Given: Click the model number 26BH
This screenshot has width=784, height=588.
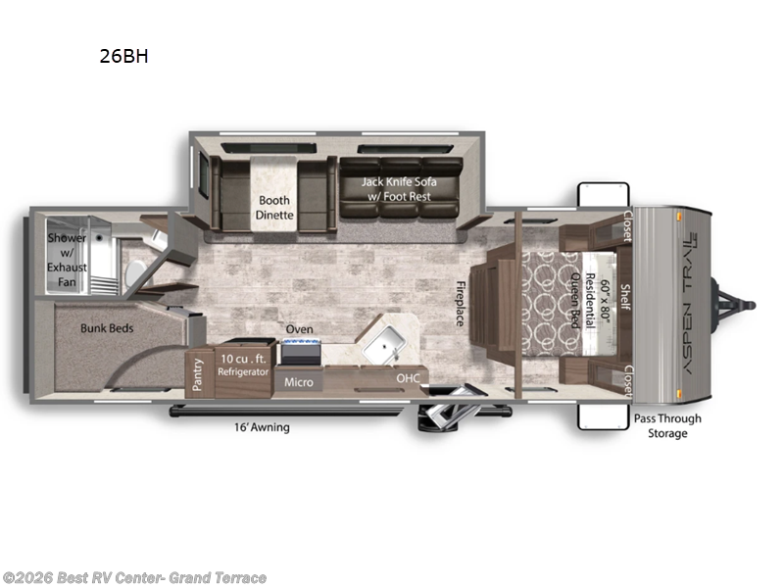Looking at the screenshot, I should [x=122, y=56].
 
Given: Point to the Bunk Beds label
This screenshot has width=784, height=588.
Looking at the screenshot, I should [x=106, y=329].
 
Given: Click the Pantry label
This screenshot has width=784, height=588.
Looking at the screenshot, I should [x=199, y=374].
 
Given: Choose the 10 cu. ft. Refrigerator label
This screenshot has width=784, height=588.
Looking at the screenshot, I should [x=242, y=365].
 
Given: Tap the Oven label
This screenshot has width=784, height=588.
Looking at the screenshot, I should [x=299, y=329].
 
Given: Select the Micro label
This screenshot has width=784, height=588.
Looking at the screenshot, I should [x=299, y=381].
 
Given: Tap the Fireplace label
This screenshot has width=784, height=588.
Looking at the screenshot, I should [x=460, y=304].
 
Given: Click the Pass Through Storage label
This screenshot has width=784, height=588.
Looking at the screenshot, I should [x=666, y=425].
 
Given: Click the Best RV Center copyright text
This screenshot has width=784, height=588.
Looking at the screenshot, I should [x=134, y=577].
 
